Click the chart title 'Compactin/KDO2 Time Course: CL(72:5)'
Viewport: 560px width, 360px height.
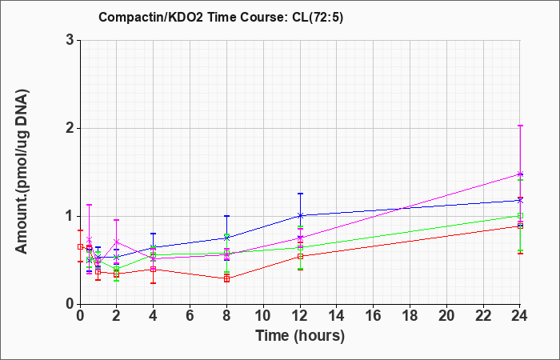click(x=221, y=17)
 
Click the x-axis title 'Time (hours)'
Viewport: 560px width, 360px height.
click(x=300, y=336)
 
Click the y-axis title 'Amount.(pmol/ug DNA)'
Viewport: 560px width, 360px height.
click(x=22, y=172)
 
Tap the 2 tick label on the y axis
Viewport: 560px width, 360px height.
click(x=70, y=128)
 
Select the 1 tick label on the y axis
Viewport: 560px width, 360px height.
click(x=70, y=216)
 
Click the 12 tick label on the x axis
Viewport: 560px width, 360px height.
click(x=300, y=316)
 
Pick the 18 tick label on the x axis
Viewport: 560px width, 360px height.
click(x=410, y=316)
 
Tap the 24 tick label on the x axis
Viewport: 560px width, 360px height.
click(x=520, y=316)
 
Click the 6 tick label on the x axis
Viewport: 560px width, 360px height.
click(x=190, y=316)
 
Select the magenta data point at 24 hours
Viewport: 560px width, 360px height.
click(x=520, y=174)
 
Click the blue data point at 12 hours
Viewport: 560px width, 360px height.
click(x=300, y=215)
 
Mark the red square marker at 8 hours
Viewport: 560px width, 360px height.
click(x=226, y=279)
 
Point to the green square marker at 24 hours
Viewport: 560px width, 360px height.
click(x=520, y=216)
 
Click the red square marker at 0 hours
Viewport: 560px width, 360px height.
click(x=80, y=246)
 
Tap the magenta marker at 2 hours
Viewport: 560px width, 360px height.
click(x=117, y=242)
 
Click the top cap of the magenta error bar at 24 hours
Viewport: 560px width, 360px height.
click(x=520, y=126)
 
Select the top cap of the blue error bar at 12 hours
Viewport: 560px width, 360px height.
click(x=300, y=194)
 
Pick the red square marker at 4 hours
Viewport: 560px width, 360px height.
click(x=154, y=269)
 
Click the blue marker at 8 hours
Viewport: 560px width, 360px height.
click(x=226, y=238)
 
